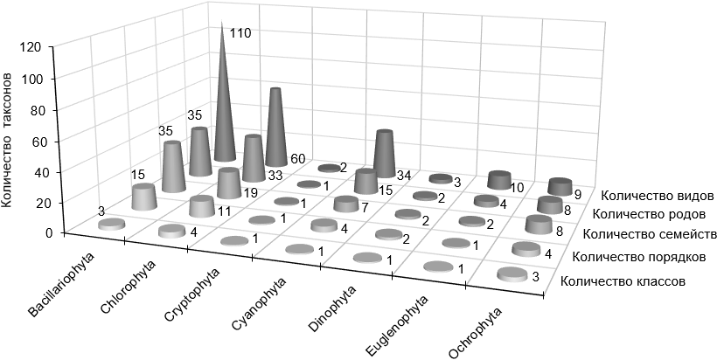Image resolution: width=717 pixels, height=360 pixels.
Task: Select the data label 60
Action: (x=297, y=159)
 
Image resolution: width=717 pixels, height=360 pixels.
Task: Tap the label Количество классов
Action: (x=622, y=281)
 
